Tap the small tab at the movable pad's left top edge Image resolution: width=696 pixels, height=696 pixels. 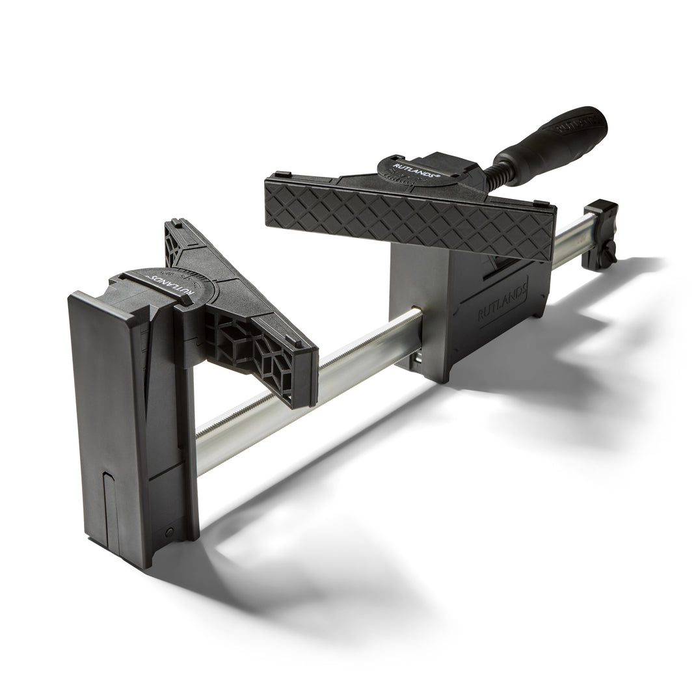tap(281, 174)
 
